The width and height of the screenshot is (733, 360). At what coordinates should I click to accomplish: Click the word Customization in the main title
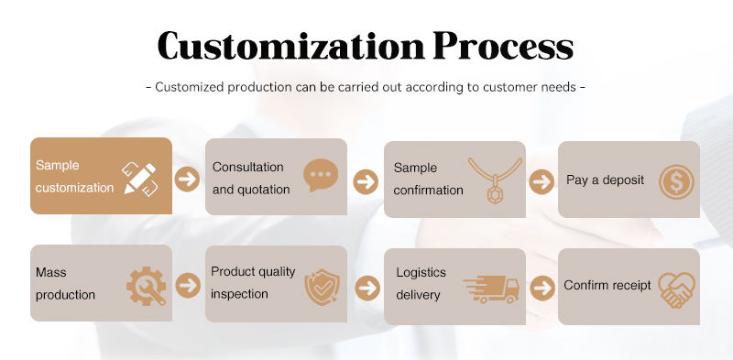tap(290, 46)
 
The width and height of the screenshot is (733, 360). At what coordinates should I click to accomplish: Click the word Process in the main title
tap(503, 46)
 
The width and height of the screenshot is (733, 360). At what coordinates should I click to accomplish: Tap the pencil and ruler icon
tap(140, 179)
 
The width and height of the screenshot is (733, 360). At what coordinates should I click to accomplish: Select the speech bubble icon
tap(320, 175)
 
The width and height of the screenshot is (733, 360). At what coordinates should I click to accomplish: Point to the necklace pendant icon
tap(495, 180)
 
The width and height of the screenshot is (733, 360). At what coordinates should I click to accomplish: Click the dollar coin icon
tap(676, 182)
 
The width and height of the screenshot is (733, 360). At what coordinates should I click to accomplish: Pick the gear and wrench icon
tap(147, 286)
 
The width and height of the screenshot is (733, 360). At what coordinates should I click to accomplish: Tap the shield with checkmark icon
tap(322, 287)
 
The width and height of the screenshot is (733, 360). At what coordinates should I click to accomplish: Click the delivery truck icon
tap(491, 289)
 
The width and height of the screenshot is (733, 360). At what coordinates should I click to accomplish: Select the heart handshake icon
tap(676, 289)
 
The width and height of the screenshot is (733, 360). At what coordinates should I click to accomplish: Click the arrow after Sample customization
tap(187, 179)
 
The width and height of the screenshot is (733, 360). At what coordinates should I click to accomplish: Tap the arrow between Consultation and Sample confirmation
tap(366, 182)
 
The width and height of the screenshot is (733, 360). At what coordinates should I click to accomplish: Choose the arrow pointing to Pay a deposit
tap(542, 182)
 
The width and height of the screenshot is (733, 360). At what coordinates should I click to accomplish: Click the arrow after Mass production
tap(188, 286)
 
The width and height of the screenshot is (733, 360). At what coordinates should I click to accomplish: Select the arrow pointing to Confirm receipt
tap(542, 288)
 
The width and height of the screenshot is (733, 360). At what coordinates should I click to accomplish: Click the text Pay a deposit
tap(605, 180)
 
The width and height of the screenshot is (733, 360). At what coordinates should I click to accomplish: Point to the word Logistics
tap(421, 273)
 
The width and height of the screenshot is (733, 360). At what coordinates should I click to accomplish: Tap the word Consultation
tap(247, 167)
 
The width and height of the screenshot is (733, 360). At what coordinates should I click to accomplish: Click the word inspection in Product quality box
tap(239, 294)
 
